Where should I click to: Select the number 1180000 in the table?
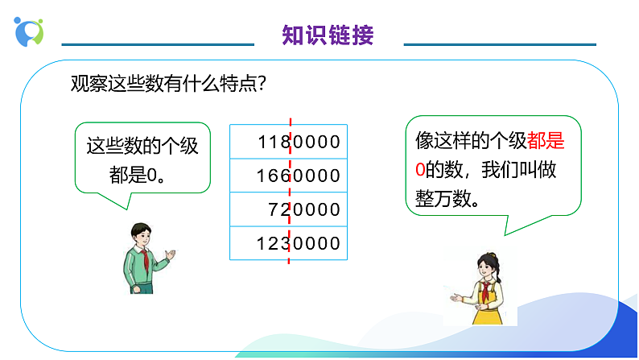pyautogui.click(x=299, y=143)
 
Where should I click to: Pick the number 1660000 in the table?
pyautogui.click(x=299, y=176)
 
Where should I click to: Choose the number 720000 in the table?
pyautogui.click(x=304, y=209)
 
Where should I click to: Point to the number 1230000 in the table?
pyautogui.click(x=299, y=243)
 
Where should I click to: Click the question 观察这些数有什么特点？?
pyautogui.click(x=169, y=84)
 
